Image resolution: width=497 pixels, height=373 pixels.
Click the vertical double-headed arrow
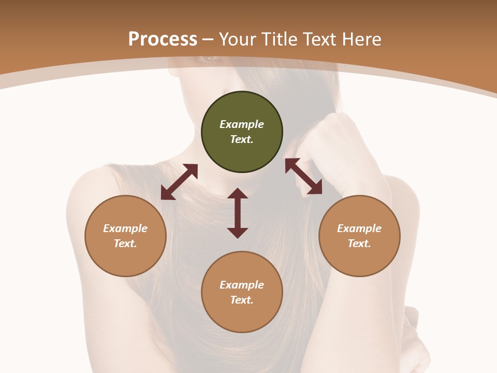238,213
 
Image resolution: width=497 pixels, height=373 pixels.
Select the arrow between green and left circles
179,182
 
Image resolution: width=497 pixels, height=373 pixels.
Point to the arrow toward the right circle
303,177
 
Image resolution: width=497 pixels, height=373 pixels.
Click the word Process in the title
163,39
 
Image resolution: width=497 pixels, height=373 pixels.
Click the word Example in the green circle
242,124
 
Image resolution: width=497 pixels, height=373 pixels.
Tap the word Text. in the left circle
125,243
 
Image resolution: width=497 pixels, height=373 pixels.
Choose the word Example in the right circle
359,228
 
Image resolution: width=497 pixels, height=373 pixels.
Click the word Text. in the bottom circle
242,300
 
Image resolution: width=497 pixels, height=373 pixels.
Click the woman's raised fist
331,140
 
